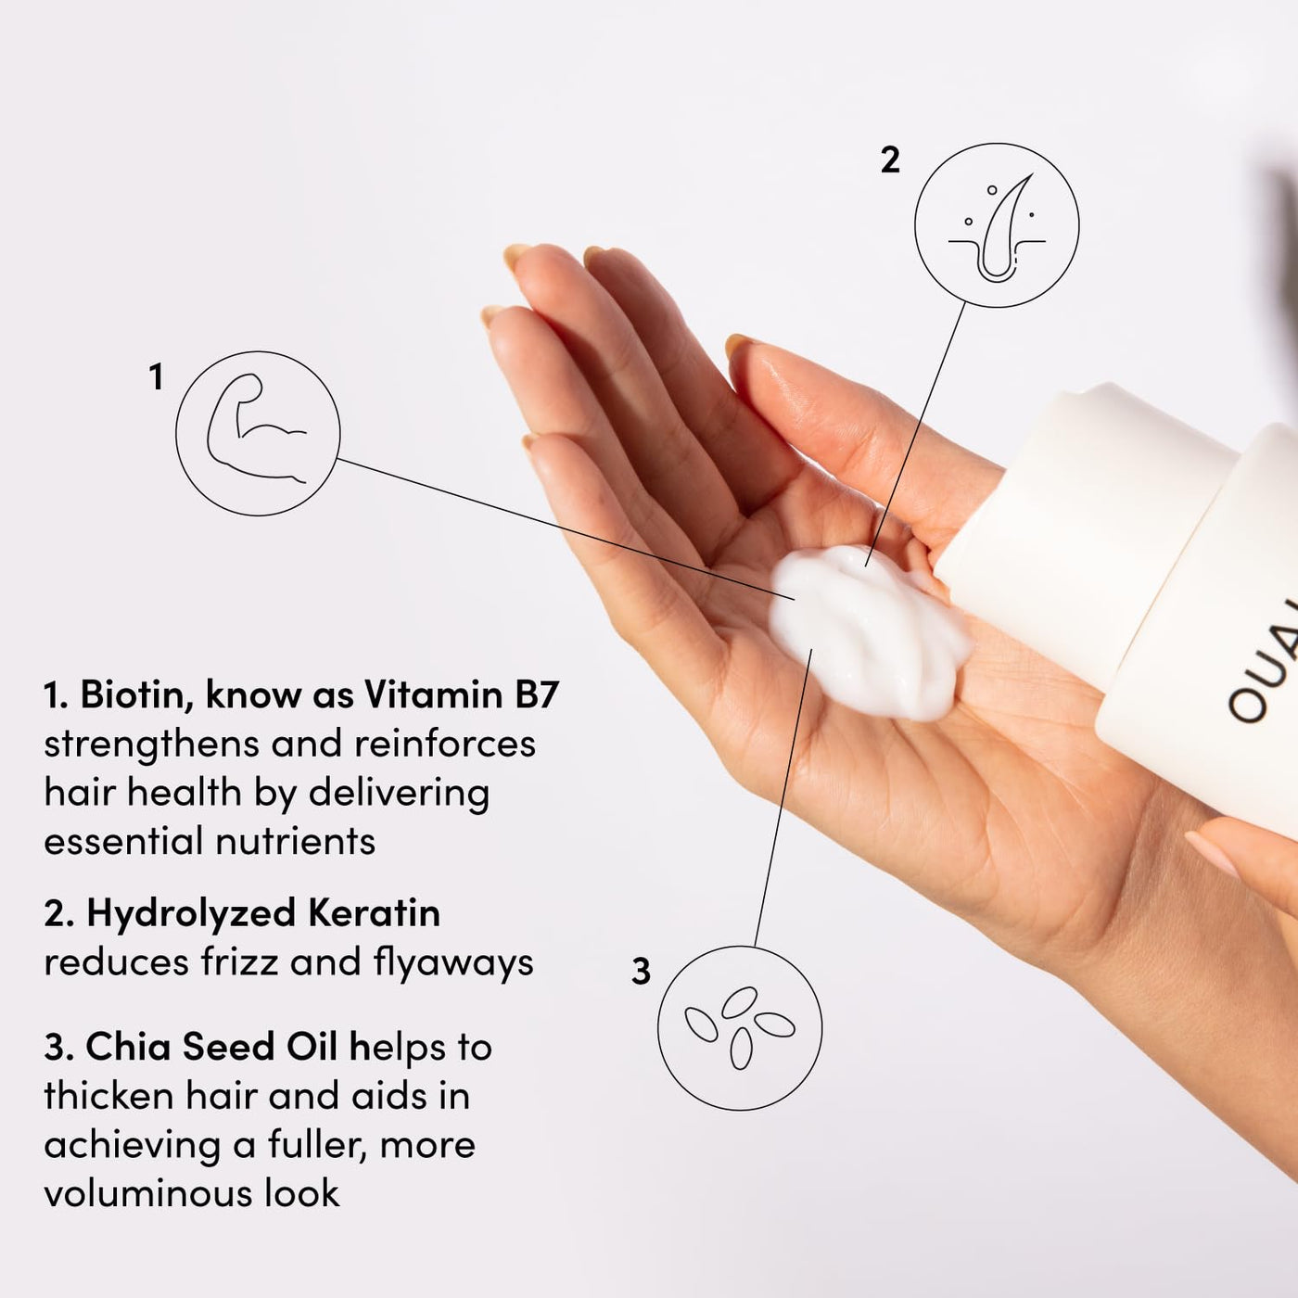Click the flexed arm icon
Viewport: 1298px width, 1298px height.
pos(258,433)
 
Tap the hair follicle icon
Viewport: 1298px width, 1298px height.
pos(997,225)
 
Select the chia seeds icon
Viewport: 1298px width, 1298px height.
pos(739,1027)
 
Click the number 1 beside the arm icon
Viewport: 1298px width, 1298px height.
pos(156,377)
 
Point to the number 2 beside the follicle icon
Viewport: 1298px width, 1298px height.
pos(890,160)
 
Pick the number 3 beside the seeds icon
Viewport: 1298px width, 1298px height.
pos(641,972)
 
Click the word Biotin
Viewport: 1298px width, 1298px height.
pos(135,694)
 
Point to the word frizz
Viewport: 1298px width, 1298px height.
pos(240,962)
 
